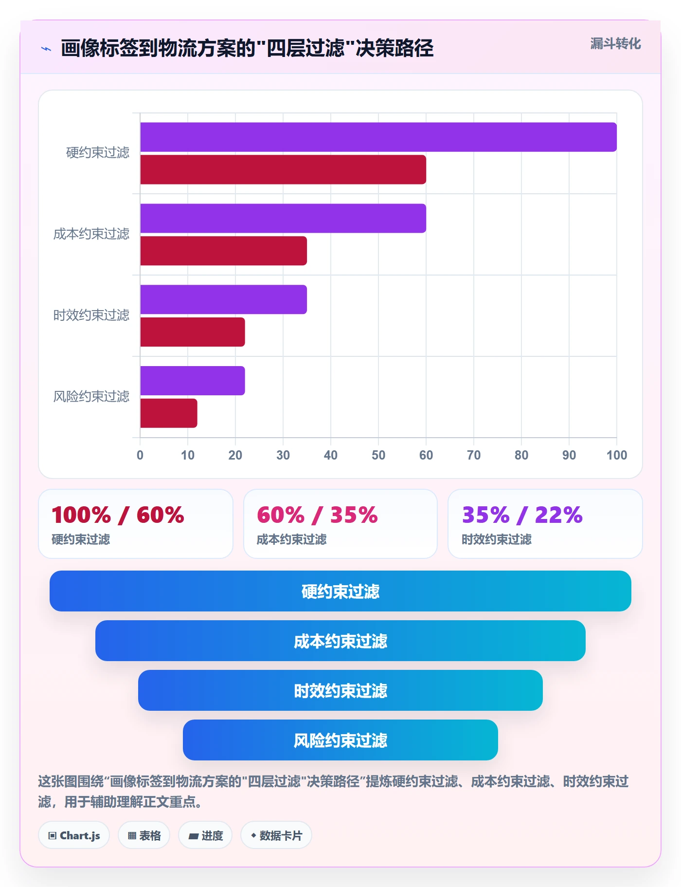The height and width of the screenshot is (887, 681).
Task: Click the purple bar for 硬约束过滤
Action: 378,137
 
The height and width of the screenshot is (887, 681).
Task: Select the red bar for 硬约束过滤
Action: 283,170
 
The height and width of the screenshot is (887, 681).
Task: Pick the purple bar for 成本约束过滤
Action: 283,219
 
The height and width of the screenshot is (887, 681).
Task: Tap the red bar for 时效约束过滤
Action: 193,332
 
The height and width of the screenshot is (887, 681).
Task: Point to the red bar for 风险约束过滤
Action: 169,413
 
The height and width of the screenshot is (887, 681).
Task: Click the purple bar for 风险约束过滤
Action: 193,381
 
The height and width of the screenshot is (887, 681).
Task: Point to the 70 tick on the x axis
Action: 474,455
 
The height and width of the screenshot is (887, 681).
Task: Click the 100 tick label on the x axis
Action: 617,455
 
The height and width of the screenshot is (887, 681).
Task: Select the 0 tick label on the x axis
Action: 140,455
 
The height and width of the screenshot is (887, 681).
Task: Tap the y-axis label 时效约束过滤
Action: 91,315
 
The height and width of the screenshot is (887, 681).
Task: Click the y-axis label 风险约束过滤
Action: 91,397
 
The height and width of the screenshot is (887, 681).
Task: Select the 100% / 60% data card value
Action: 118,515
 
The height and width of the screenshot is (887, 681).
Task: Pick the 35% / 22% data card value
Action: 522,515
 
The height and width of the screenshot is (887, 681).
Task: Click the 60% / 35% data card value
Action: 317,515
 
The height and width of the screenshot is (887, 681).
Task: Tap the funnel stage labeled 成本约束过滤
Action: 340,641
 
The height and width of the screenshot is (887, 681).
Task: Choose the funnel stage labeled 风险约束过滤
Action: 340,740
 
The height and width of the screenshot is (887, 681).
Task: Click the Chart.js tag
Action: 74,835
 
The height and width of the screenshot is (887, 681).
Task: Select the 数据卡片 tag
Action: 276,835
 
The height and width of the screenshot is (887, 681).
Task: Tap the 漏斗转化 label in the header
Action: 616,44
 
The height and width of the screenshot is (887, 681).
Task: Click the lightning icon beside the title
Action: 46,49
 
